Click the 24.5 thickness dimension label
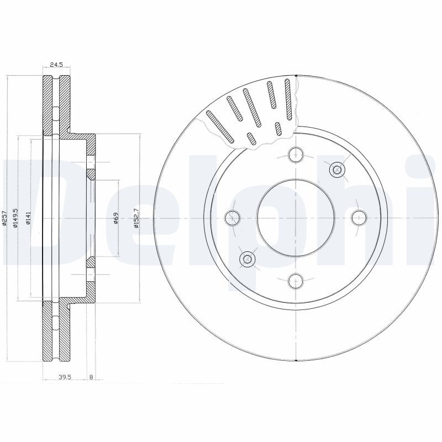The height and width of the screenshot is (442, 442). pyautogui.click(x=56, y=65)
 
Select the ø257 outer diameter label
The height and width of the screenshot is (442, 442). pyautogui.click(x=4, y=218)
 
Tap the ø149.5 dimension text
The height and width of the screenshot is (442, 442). pyautogui.click(x=15, y=218)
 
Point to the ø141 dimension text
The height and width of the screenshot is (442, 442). pyautogui.click(x=28, y=218)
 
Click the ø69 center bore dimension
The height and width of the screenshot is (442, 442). pyautogui.click(x=116, y=218)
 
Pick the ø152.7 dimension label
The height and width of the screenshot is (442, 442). pyautogui.click(x=136, y=218)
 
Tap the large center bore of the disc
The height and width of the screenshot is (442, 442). pyautogui.click(x=296, y=218)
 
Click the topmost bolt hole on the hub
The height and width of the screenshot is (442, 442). pyautogui.click(x=296, y=155)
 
